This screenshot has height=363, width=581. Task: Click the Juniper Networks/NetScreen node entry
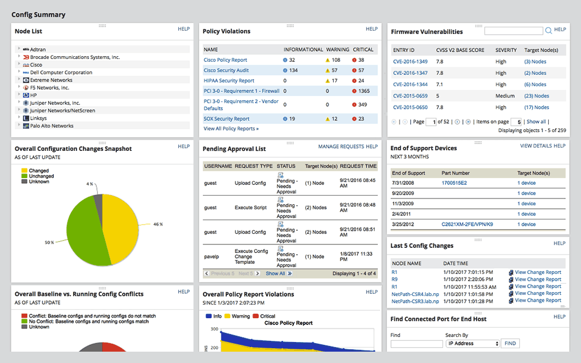coord(62,111)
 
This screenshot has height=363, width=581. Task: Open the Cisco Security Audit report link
coord(226,70)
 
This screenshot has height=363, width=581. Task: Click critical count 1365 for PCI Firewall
coord(364,91)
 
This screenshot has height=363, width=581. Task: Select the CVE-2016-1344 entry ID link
coord(410,85)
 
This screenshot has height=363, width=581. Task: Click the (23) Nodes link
coord(536,96)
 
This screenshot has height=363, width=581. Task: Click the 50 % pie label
coord(49,242)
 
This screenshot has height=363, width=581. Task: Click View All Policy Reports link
coord(231,129)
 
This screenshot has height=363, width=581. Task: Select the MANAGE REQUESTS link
coord(340,146)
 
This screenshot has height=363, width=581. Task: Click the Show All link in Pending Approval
coord(275,273)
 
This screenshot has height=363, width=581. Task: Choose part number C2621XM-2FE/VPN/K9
coord(467,224)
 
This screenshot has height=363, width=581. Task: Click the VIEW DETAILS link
coord(536,146)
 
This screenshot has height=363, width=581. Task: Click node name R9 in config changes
coord(394,279)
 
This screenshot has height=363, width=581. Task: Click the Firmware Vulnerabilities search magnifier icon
coord(549,31)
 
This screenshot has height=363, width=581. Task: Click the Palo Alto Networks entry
coord(52,126)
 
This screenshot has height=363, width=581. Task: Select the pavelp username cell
coord(211,256)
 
